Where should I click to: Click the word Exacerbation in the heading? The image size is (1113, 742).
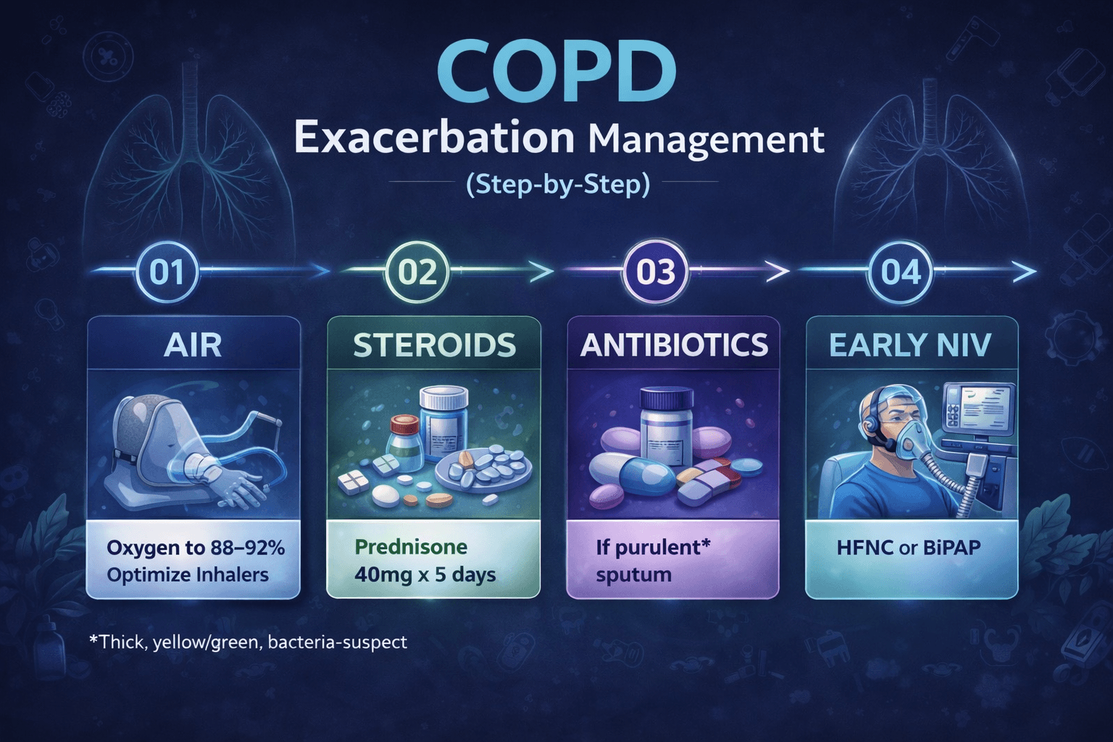click(434, 138)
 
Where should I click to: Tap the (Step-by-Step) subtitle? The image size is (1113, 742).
click(557, 184)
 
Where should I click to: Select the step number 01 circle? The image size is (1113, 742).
click(167, 272)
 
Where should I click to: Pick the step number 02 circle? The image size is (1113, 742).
click(417, 272)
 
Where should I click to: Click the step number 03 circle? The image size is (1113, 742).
click(656, 272)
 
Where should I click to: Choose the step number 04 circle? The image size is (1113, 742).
click(901, 272)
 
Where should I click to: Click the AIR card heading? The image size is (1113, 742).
click(193, 345)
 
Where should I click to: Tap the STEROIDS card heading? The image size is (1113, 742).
click(434, 345)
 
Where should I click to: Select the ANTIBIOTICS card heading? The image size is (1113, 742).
click(674, 345)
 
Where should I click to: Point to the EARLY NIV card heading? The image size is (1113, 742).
click(910, 345)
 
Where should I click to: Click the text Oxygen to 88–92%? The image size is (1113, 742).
click(196, 548)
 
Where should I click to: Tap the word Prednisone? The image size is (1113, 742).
click(411, 547)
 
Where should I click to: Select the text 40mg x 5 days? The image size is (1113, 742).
click(425, 575)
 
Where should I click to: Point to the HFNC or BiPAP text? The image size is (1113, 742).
click(909, 548)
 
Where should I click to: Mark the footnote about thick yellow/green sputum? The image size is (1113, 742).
click(248, 642)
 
